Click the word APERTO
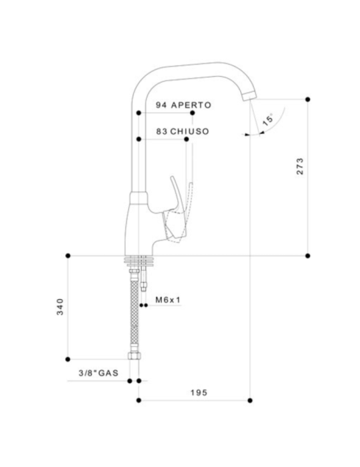click(x=191, y=105)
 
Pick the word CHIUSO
click(x=190, y=131)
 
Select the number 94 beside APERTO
click(x=161, y=105)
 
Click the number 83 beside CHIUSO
click(x=161, y=131)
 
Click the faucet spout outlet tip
click(x=249, y=95)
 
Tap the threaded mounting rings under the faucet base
click(x=143, y=261)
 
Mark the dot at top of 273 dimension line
click(x=307, y=99)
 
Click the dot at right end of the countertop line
click(x=307, y=256)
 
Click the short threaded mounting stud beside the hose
click(x=145, y=284)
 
